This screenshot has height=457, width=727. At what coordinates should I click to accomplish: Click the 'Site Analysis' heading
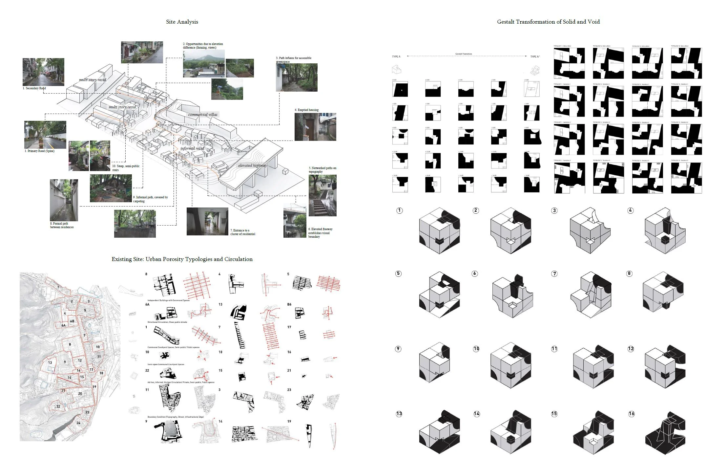click(182, 22)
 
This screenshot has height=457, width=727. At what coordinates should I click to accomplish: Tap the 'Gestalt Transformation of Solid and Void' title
click(548, 22)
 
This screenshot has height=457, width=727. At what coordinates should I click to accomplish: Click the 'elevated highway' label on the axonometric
click(252, 165)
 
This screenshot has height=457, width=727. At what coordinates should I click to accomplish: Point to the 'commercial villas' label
click(203, 114)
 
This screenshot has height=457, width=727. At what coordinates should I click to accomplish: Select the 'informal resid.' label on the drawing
click(192, 148)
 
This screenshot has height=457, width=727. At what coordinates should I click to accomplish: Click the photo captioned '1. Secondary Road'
click(43, 72)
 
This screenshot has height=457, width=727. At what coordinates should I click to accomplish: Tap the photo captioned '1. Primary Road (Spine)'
click(45, 135)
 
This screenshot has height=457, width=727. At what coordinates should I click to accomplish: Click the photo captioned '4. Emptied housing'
click(315, 127)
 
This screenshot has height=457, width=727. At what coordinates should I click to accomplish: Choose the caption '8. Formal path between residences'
click(62, 225)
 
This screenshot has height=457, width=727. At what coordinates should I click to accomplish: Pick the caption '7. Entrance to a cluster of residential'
click(242, 232)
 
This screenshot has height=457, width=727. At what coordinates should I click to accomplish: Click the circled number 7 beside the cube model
click(554, 273)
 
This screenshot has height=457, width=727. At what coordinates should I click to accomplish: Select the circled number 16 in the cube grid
click(631, 414)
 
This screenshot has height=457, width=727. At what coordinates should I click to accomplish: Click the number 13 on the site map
click(50, 362)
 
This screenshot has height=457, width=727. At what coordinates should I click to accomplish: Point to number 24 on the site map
click(78, 423)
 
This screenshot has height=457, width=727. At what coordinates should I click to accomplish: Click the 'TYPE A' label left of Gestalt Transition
click(396, 56)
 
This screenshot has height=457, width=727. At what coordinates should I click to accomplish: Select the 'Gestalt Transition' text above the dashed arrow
click(463, 54)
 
